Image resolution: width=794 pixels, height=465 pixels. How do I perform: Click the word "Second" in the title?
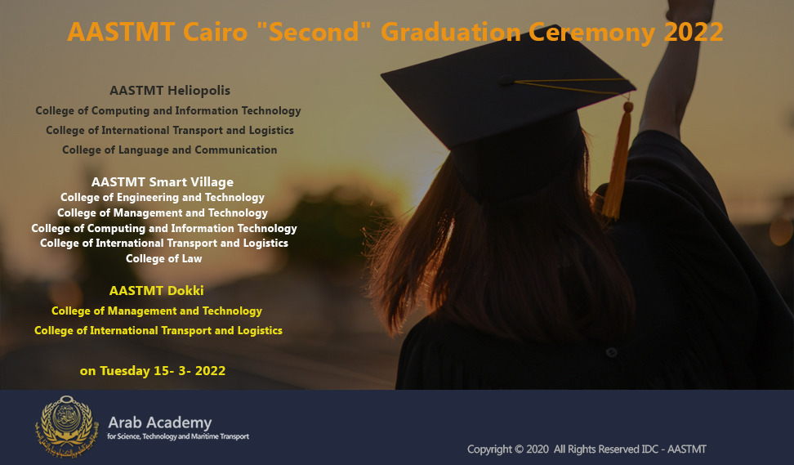(314, 31)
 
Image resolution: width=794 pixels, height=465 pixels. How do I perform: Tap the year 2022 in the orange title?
(694, 32)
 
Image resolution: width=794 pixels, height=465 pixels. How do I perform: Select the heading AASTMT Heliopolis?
(170, 91)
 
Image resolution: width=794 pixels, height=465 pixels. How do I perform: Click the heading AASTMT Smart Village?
(162, 182)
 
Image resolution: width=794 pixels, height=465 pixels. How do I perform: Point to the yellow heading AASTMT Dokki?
(157, 291)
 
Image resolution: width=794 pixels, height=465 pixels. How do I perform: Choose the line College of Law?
(163, 258)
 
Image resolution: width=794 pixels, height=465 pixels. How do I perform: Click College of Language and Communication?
(170, 150)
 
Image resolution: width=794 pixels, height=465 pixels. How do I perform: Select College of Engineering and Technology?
(163, 198)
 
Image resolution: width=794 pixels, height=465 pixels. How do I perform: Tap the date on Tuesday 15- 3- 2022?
(153, 371)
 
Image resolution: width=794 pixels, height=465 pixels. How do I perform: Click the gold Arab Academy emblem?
(64, 426)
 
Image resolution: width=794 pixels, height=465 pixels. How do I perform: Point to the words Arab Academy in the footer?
(160, 423)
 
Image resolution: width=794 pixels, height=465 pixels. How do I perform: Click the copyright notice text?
(587, 449)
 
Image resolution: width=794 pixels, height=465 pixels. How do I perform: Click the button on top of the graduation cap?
(506, 79)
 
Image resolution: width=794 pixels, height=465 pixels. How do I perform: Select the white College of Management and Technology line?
(162, 213)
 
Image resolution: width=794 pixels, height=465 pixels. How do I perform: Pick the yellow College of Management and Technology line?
(157, 311)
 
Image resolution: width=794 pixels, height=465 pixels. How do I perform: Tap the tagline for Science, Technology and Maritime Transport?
(178, 436)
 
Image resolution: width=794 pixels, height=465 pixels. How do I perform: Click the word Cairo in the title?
(215, 32)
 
